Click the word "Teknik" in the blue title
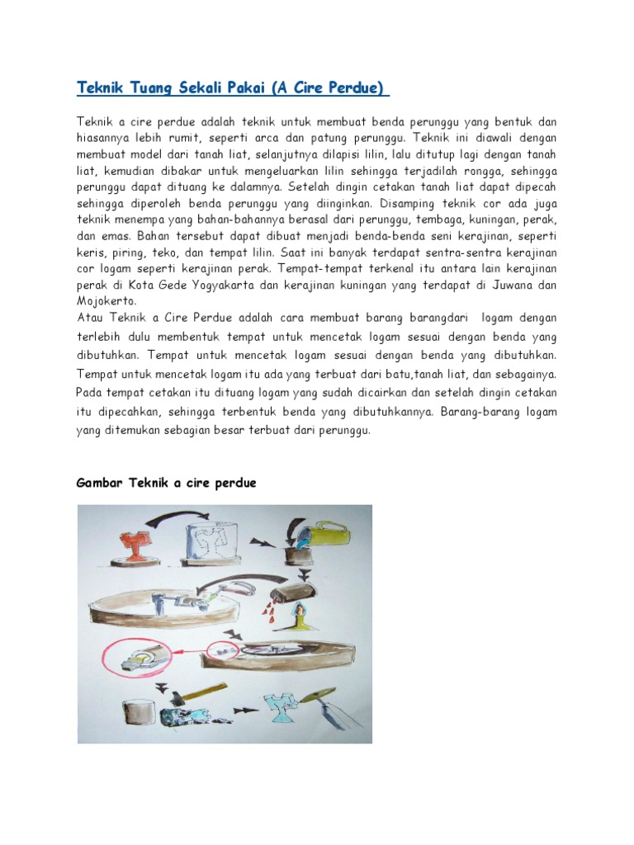(98, 87)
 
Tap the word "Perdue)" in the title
(359, 87)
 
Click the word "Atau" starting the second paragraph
(89, 318)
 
